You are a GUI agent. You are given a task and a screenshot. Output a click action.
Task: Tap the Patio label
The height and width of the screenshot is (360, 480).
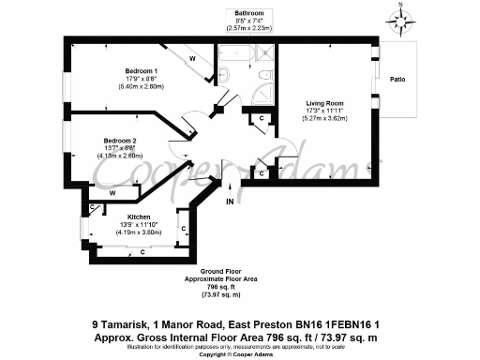click(399, 80)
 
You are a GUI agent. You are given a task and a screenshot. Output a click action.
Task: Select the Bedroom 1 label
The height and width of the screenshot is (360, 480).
click(141, 71)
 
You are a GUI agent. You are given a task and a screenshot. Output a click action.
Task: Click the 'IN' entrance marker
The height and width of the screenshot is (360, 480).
click(229, 201)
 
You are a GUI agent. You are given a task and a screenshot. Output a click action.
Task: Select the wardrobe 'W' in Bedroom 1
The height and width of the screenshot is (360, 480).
click(191, 58)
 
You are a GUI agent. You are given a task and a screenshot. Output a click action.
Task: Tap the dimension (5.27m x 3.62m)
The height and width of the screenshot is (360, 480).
click(323, 119)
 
